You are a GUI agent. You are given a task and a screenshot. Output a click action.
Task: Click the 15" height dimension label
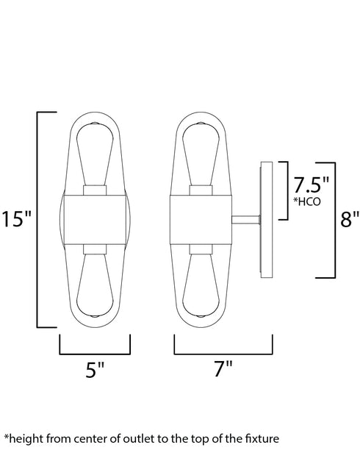(x=16, y=219)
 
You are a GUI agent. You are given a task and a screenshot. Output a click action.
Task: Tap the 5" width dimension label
(x=95, y=369)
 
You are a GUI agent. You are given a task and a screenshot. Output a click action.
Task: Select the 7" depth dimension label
(x=223, y=368)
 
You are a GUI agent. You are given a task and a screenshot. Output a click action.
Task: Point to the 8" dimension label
(x=350, y=219)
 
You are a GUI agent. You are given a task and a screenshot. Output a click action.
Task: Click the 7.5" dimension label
(x=311, y=185)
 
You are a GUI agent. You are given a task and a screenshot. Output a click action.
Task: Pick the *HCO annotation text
(x=306, y=201)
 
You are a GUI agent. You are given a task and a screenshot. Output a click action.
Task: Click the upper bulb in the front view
(x=95, y=154)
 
